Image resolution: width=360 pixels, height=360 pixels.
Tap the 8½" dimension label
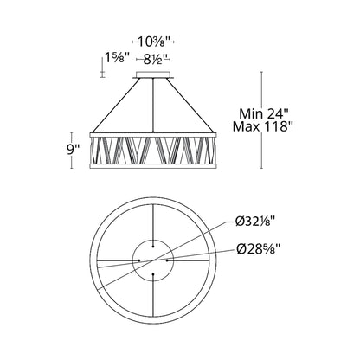point(157,61)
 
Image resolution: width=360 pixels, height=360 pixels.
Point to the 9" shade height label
point(73,148)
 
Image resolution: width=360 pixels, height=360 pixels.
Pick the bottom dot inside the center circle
point(154,274)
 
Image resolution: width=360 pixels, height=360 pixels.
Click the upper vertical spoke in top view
point(154,221)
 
